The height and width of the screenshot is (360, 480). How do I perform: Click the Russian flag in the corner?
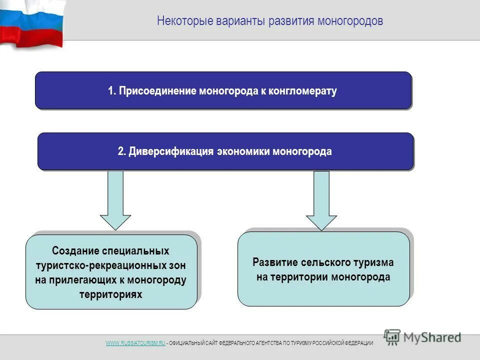click(x=30, y=22)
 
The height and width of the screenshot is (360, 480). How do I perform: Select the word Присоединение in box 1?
click(x=158, y=91)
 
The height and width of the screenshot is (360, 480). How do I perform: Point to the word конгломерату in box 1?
click(x=302, y=91)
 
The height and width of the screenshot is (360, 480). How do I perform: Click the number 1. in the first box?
click(x=112, y=91)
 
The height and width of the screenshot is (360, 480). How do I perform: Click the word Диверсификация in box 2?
click(x=171, y=151)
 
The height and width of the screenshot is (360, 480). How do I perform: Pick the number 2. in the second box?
click(x=122, y=151)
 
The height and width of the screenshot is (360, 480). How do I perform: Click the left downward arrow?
click(x=115, y=200)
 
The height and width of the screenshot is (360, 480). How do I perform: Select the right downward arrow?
click(x=321, y=200)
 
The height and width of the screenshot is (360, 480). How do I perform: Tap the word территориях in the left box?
click(x=110, y=294)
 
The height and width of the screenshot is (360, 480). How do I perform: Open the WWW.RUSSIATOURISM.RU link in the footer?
click(x=135, y=342)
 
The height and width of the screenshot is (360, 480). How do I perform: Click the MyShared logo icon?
click(x=392, y=337)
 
